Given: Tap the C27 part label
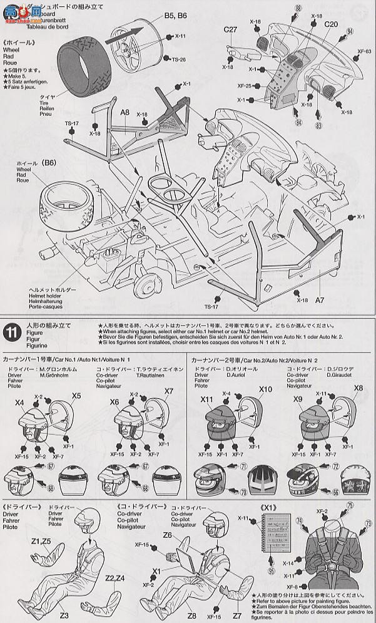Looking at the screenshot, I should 230,29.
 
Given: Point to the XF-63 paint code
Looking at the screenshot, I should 363,52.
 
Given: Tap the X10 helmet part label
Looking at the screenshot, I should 266,389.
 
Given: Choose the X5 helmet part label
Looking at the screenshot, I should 76,395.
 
